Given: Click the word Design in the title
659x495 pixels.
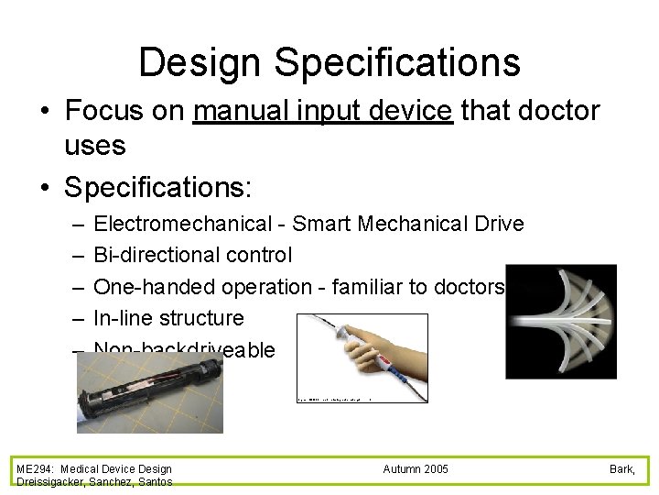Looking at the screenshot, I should (200, 62).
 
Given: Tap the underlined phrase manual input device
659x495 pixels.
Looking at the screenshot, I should (323, 111).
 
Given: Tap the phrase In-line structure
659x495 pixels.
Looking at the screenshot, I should (169, 318).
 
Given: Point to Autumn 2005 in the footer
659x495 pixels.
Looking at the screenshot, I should (416, 469).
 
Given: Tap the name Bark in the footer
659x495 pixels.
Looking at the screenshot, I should (622, 469).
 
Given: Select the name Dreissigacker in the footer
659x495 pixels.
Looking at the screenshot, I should (48, 482).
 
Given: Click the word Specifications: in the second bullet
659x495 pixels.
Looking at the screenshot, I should (158, 187).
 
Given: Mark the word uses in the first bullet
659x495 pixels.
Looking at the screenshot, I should (95, 144).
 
